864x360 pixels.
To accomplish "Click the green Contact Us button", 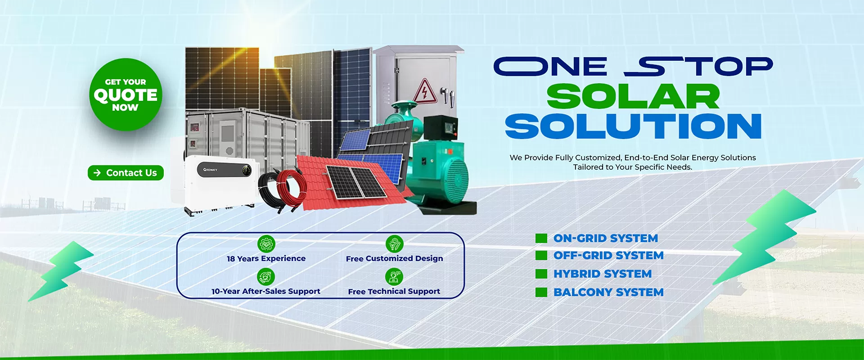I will (x=126, y=173).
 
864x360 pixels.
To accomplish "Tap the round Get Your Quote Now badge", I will (x=126, y=94).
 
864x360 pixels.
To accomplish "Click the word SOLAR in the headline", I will (x=633, y=97).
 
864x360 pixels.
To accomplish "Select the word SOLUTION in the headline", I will (x=633, y=126).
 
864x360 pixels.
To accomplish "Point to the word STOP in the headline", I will (x=698, y=67).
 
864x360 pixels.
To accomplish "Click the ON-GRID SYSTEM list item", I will (x=605, y=238).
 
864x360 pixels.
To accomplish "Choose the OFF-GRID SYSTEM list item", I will (x=608, y=255).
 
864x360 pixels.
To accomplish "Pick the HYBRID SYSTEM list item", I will (x=602, y=274).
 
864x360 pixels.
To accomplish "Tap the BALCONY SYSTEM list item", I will (x=608, y=292).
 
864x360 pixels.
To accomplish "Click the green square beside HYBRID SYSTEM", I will (x=541, y=274).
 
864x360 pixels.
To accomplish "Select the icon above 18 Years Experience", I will (x=266, y=244).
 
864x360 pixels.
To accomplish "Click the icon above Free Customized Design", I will (x=394, y=244).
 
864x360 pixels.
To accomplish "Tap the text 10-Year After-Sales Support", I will (x=265, y=291).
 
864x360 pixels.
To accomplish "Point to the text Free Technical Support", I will (x=394, y=292).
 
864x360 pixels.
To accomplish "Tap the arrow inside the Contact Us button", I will (x=97, y=173).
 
